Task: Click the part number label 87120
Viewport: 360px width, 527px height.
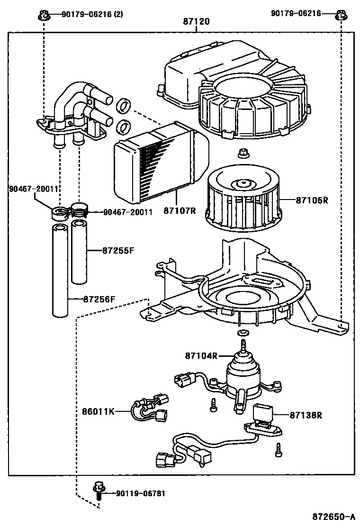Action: [x=197, y=22]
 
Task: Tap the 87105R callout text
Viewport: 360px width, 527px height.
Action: [x=312, y=200]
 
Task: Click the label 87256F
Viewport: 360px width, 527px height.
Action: [x=99, y=299]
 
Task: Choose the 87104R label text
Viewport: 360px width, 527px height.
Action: [x=201, y=355]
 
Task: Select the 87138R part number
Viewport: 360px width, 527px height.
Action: [x=306, y=415]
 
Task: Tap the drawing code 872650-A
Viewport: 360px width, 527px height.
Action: [x=333, y=516]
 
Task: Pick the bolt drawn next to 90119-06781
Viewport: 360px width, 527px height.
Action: [x=99, y=493]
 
